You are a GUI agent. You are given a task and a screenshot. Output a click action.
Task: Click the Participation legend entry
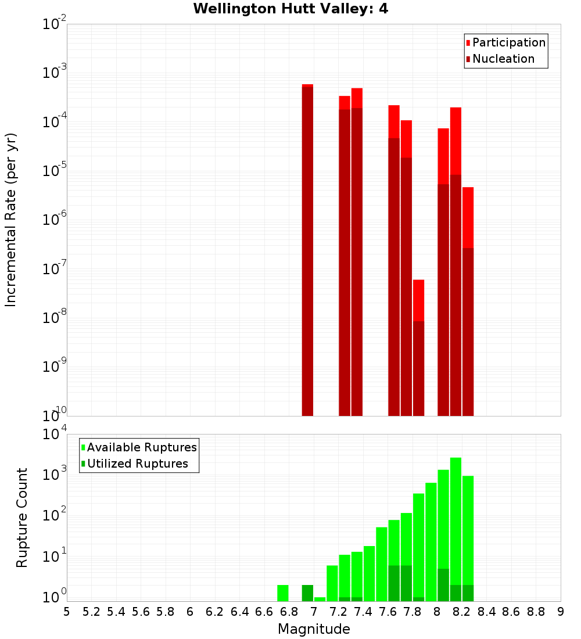(x=505, y=42)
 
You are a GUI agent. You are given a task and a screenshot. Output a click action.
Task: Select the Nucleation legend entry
(x=500, y=59)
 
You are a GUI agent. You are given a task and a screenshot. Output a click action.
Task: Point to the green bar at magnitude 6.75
(x=282, y=593)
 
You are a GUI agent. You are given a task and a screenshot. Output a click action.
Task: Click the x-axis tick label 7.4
(x=363, y=612)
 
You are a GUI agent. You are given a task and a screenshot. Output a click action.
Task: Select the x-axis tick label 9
(x=560, y=612)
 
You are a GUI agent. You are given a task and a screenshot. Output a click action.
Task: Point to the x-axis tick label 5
(x=67, y=612)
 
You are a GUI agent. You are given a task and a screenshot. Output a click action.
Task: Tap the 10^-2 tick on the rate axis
(x=56, y=24)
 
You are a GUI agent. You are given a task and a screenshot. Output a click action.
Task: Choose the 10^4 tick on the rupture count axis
(x=56, y=434)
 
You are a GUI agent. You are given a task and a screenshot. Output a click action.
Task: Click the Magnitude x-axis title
(x=314, y=629)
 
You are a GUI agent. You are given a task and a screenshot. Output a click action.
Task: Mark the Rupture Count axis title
(x=22, y=517)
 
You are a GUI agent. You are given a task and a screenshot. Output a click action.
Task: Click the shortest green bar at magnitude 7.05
(x=320, y=599)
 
